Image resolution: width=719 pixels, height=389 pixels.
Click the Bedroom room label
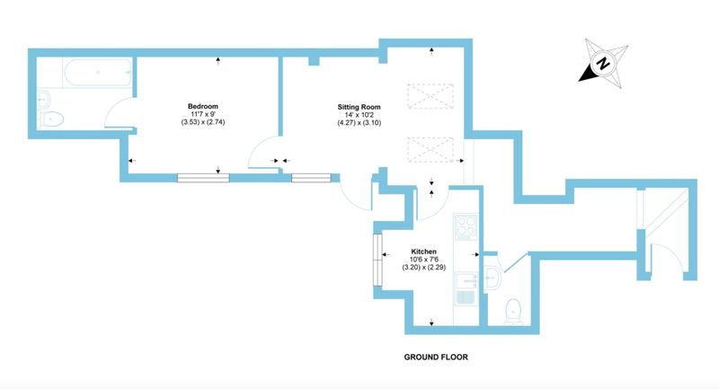click(203, 104)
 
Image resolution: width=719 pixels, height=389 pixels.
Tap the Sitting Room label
click(359, 107)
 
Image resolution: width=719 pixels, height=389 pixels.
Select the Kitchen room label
click(424, 251)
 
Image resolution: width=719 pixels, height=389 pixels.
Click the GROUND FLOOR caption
click(435, 357)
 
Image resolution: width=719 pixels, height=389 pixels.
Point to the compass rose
click(602, 64)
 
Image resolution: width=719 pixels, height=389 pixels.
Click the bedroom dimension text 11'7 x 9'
click(203, 114)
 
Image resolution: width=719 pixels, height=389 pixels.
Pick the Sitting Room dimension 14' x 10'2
click(359, 117)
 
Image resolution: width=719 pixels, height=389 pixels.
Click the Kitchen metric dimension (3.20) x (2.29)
click(424, 269)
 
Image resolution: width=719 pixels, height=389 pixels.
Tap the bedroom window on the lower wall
click(204, 177)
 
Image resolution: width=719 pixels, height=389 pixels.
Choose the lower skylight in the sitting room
click(427, 146)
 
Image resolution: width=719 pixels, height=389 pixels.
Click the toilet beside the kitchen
click(512, 311)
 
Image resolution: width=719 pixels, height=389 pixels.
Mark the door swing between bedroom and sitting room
click(263, 153)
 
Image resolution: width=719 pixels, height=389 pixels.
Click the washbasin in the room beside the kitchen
click(493, 279)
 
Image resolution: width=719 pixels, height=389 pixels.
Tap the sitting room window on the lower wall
click(310, 177)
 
